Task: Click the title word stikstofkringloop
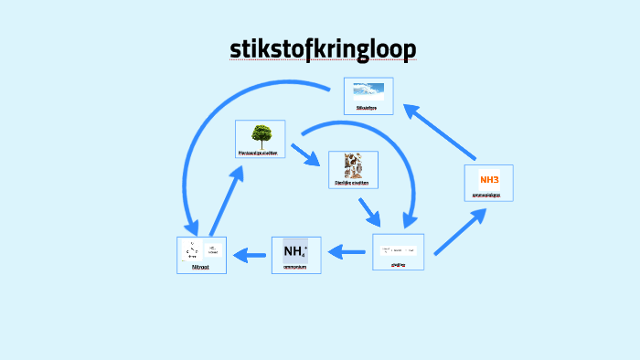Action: click(x=322, y=48)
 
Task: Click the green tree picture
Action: click(x=261, y=136)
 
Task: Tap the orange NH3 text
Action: click(x=489, y=177)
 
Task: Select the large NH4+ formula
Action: click(x=295, y=250)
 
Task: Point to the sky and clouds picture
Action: click(x=368, y=90)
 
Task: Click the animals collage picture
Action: click(x=352, y=165)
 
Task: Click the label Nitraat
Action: click(x=201, y=267)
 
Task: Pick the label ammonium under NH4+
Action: click(x=295, y=267)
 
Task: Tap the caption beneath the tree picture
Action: click(x=260, y=154)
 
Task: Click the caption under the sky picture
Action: click(x=368, y=107)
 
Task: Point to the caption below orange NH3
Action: click(x=489, y=195)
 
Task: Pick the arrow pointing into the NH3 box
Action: click(x=459, y=230)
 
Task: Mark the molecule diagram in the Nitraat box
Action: click(x=193, y=249)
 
